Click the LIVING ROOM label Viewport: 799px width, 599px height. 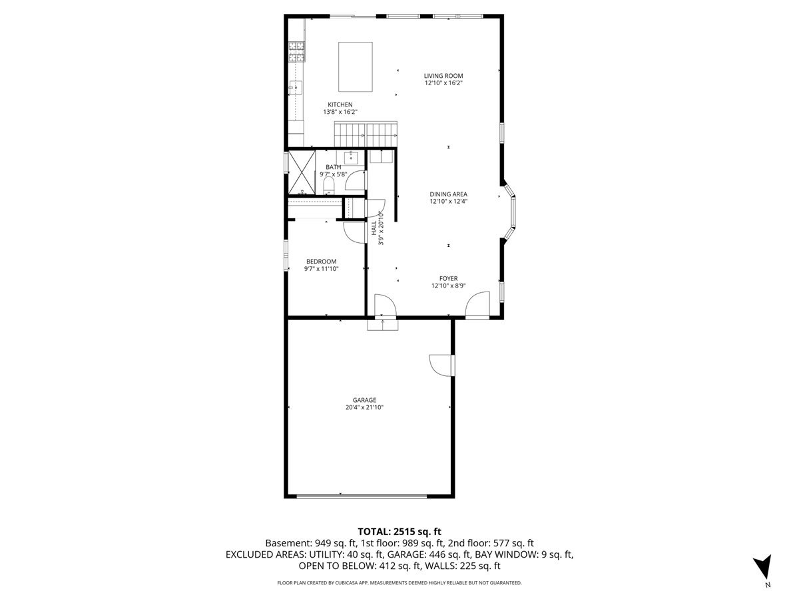pyautogui.click(x=443, y=76)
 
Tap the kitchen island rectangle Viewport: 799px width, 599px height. pyautogui.click(x=356, y=67)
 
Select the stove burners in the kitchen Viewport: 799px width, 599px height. pyautogui.click(x=297, y=52)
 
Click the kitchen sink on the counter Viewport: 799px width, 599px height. pyautogui.click(x=296, y=87)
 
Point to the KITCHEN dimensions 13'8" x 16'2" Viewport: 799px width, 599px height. pyautogui.click(x=340, y=112)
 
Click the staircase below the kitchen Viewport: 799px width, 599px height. pyautogui.click(x=366, y=134)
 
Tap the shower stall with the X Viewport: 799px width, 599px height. pyautogui.click(x=302, y=172)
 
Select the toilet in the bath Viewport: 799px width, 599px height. pyautogui.click(x=328, y=185)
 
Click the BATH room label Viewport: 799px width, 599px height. pyautogui.click(x=333, y=167)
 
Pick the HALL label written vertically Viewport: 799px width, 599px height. pyautogui.click(x=374, y=228)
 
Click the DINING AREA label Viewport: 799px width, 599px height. pyautogui.click(x=448, y=194)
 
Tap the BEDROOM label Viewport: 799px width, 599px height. pyautogui.click(x=321, y=261)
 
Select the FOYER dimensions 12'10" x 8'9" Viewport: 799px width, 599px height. pyautogui.click(x=448, y=286)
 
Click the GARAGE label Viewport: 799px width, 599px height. pyautogui.click(x=364, y=400)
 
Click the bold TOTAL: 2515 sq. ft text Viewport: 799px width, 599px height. pyautogui.click(x=400, y=532)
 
